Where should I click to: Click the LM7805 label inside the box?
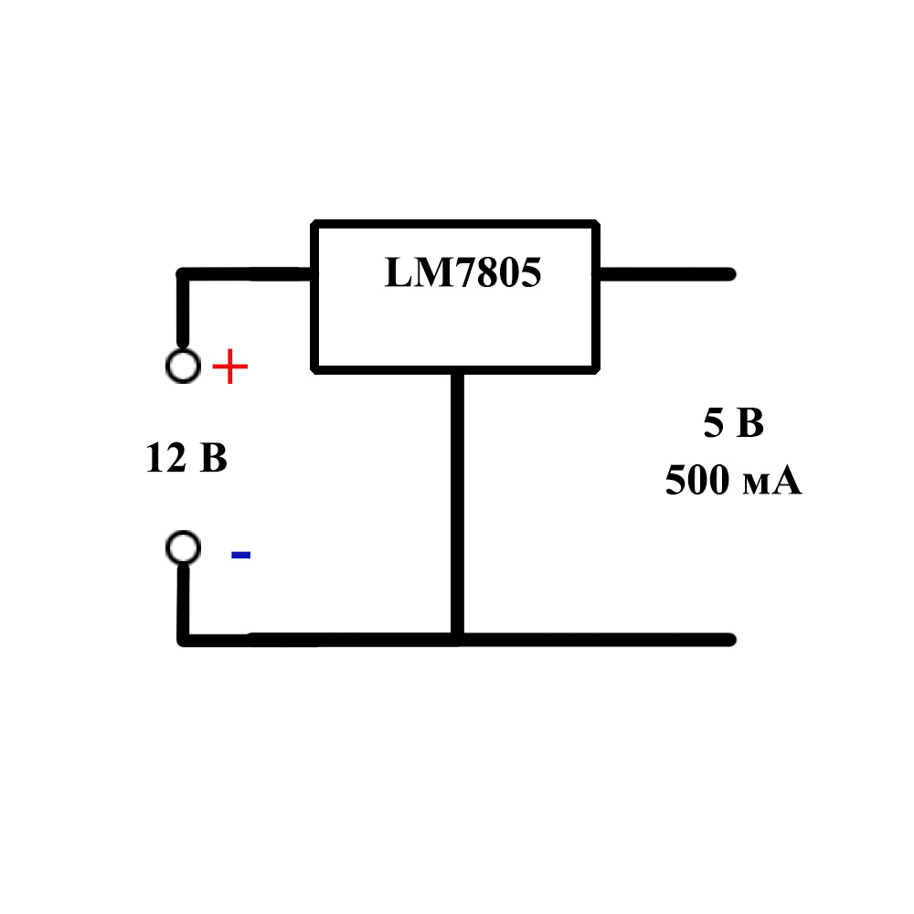tap(462, 272)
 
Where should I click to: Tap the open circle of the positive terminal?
tap(183, 366)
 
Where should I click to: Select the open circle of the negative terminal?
tap(183, 548)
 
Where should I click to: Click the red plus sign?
tap(229, 368)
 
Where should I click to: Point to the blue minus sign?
tap(240, 554)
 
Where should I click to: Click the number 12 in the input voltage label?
tap(165, 458)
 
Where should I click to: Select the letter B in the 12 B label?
tap(213, 458)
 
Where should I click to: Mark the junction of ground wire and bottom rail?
tap(457, 639)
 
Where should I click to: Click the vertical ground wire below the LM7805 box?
tap(457, 503)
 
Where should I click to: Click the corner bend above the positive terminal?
tap(184, 275)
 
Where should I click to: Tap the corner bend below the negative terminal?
tap(186, 638)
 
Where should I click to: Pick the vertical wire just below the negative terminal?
tap(185, 599)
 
